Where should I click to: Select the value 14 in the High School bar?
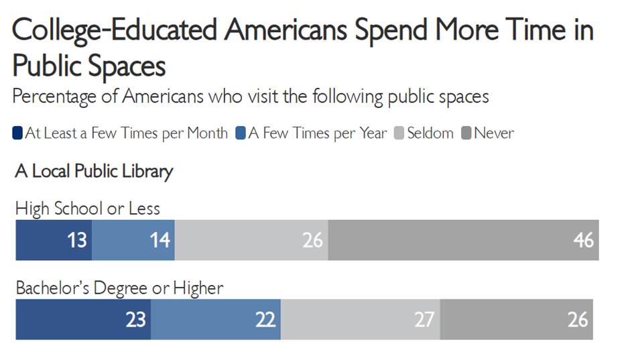tap(160, 239)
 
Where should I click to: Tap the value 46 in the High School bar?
tap(584, 239)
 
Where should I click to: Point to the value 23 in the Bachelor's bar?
tap(135, 319)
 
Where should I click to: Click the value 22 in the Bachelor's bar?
tap(265, 319)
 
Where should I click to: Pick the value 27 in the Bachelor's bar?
tap(424, 319)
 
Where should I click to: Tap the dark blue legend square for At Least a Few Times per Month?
tap(17, 133)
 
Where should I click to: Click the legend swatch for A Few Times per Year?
tap(240, 133)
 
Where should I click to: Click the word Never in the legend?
tap(494, 133)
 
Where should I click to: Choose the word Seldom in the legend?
tap(430, 133)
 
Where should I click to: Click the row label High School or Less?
tap(88, 208)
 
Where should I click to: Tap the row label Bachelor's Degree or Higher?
tap(119, 289)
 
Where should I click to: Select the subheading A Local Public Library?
tap(94, 172)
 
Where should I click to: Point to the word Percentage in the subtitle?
tap(65, 97)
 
